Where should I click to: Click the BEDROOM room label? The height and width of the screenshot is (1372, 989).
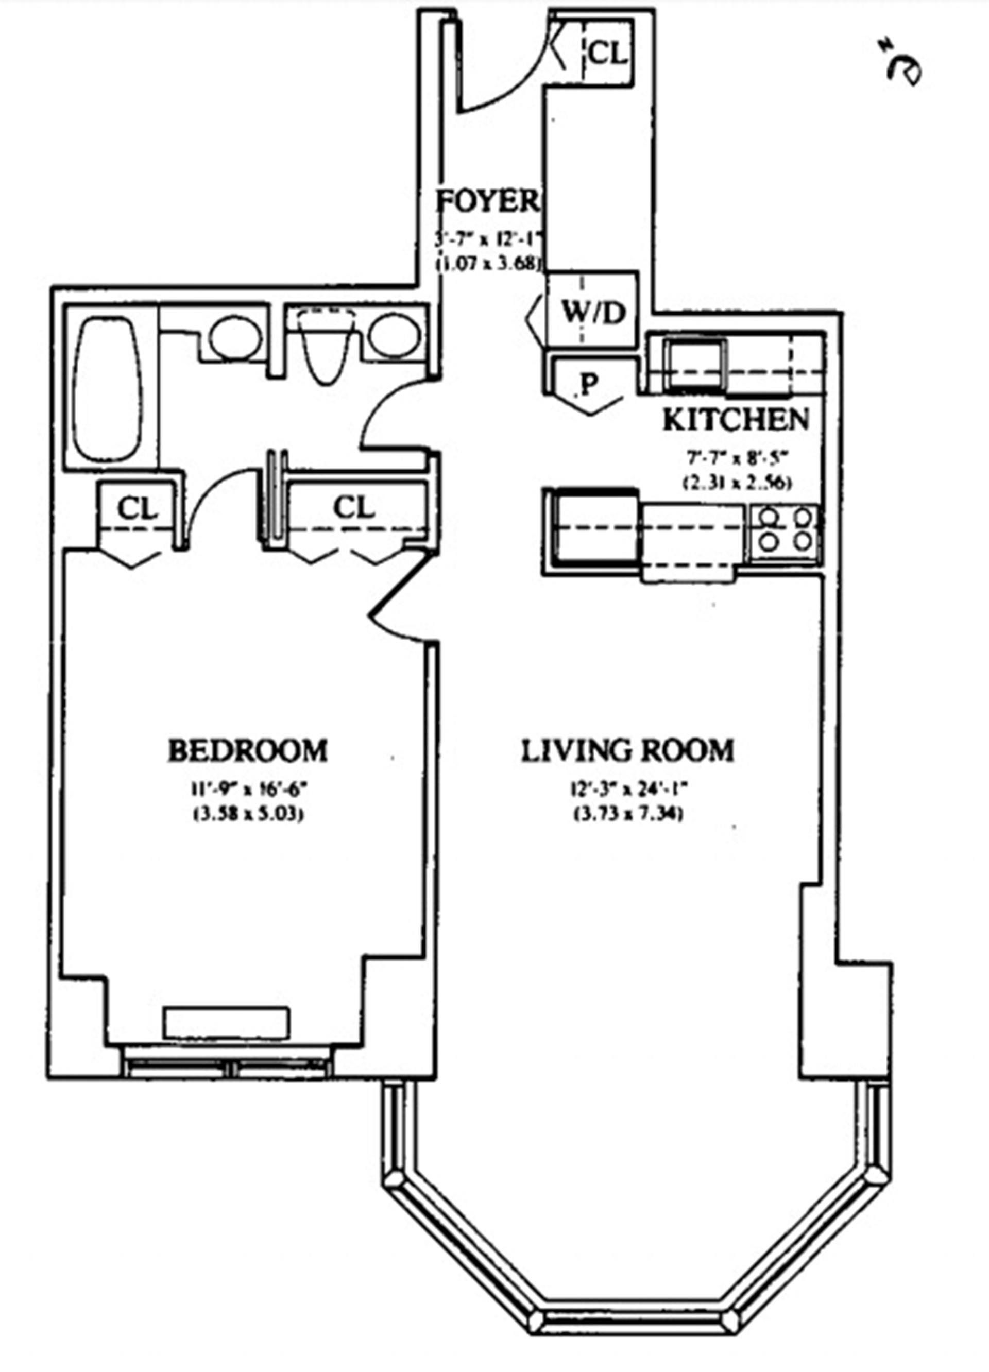pyautogui.click(x=247, y=751)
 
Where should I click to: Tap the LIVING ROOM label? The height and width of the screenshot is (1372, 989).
pyautogui.click(x=627, y=751)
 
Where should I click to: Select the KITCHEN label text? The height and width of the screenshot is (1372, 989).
pyautogui.click(x=736, y=420)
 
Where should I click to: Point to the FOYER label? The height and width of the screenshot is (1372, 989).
pyautogui.click(x=487, y=201)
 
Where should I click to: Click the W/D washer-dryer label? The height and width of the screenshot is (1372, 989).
pyautogui.click(x=592, y=313)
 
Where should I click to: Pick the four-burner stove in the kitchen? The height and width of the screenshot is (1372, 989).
pyautogui.click(x=785, y=529)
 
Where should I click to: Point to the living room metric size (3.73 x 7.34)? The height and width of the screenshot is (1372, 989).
pyautogui.click(x=628, y=815)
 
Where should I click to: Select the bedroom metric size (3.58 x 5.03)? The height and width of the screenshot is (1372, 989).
pyautogui.click(x=247, y=815)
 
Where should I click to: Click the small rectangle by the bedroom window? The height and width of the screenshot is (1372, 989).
pyautogui.click(x=227, y=1022)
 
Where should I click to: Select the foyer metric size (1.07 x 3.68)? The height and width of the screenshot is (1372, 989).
pyautogui.click(x=487, y=264)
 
